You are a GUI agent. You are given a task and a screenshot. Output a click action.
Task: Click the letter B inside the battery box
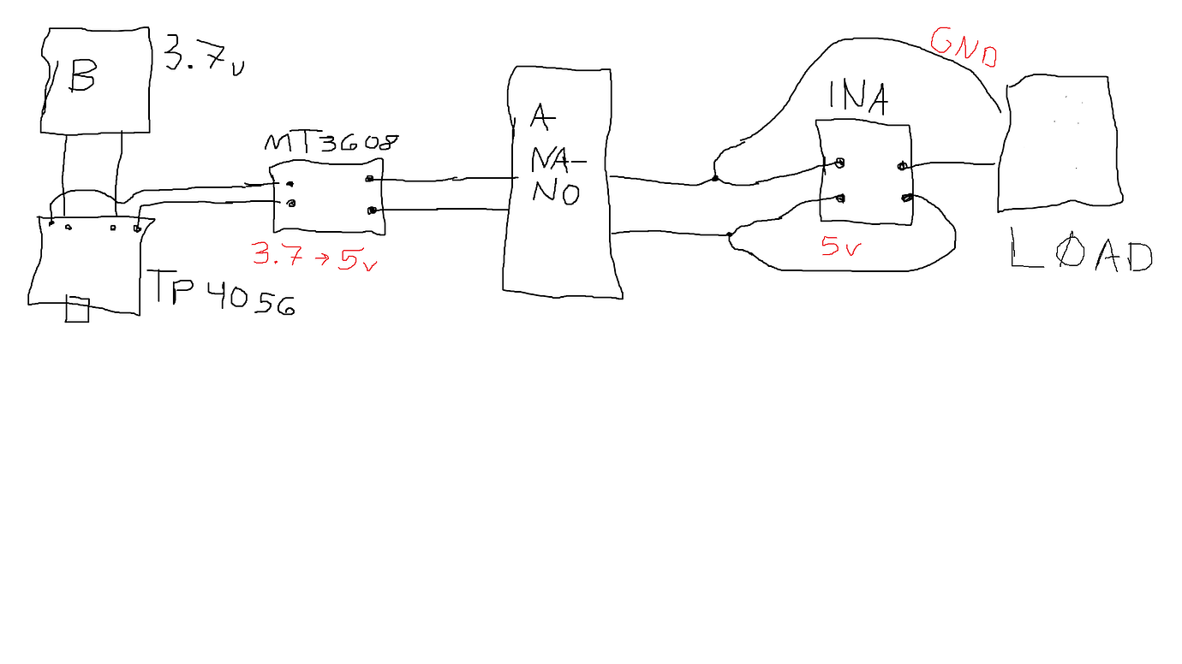pos(81,74)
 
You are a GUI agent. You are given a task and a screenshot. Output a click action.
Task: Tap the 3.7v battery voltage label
pos(204,56)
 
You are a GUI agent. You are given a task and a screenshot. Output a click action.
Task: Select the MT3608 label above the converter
pos(331,142)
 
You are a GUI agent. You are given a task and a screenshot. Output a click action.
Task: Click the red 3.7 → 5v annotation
pos(315,256)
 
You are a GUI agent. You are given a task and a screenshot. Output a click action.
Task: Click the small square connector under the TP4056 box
pos(77,310)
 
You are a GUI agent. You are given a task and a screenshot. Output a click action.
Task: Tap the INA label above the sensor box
pos(858,98)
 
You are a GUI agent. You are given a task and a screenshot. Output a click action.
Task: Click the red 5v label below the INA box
pos(841,246)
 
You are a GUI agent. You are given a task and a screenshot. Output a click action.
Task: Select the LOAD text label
pos(1082,251)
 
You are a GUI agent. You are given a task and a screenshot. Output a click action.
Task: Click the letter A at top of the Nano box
pos(542,117)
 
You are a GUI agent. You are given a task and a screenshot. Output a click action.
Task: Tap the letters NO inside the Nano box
pos(556,193)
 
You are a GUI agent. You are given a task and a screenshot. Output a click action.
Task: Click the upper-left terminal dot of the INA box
pos(839,163)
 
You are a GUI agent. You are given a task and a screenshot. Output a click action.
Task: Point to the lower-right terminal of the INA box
pos(906,199)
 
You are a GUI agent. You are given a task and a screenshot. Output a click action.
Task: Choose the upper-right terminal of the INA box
pos(902,167)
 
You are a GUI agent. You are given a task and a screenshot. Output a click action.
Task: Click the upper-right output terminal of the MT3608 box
pos(369,179)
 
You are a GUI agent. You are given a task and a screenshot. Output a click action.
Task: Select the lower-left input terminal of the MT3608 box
pos(290,204)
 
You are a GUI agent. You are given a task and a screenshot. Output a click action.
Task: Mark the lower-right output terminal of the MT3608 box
pos(372,210)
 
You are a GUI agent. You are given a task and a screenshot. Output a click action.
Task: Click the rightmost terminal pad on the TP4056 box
pos(137,228)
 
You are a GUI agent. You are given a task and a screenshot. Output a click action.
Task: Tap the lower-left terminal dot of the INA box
pos(840,199)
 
